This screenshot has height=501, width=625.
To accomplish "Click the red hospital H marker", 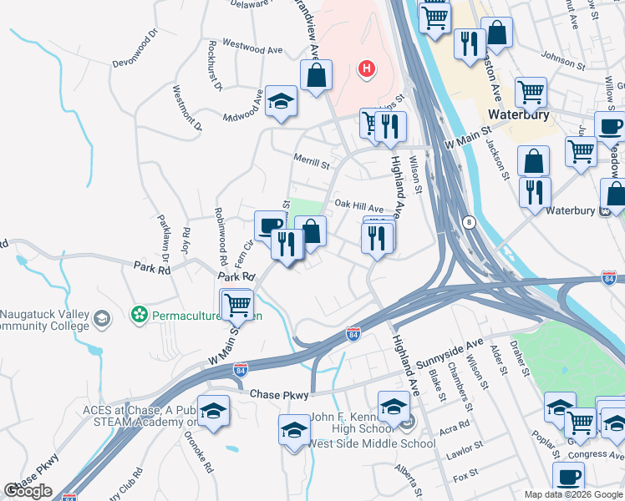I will click(x=365, y=68).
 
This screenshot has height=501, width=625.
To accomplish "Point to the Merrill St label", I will click(x=312, y=159).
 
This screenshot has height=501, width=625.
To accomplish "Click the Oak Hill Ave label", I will click(x=358, y=205).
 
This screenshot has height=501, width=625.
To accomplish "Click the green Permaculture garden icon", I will click(x=140, y=315).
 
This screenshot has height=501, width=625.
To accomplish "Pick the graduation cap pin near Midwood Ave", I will click(x=282, y=101).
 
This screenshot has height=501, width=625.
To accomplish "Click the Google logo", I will click(x=28, y=491).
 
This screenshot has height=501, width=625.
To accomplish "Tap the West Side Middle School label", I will click(x=372, y=443).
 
